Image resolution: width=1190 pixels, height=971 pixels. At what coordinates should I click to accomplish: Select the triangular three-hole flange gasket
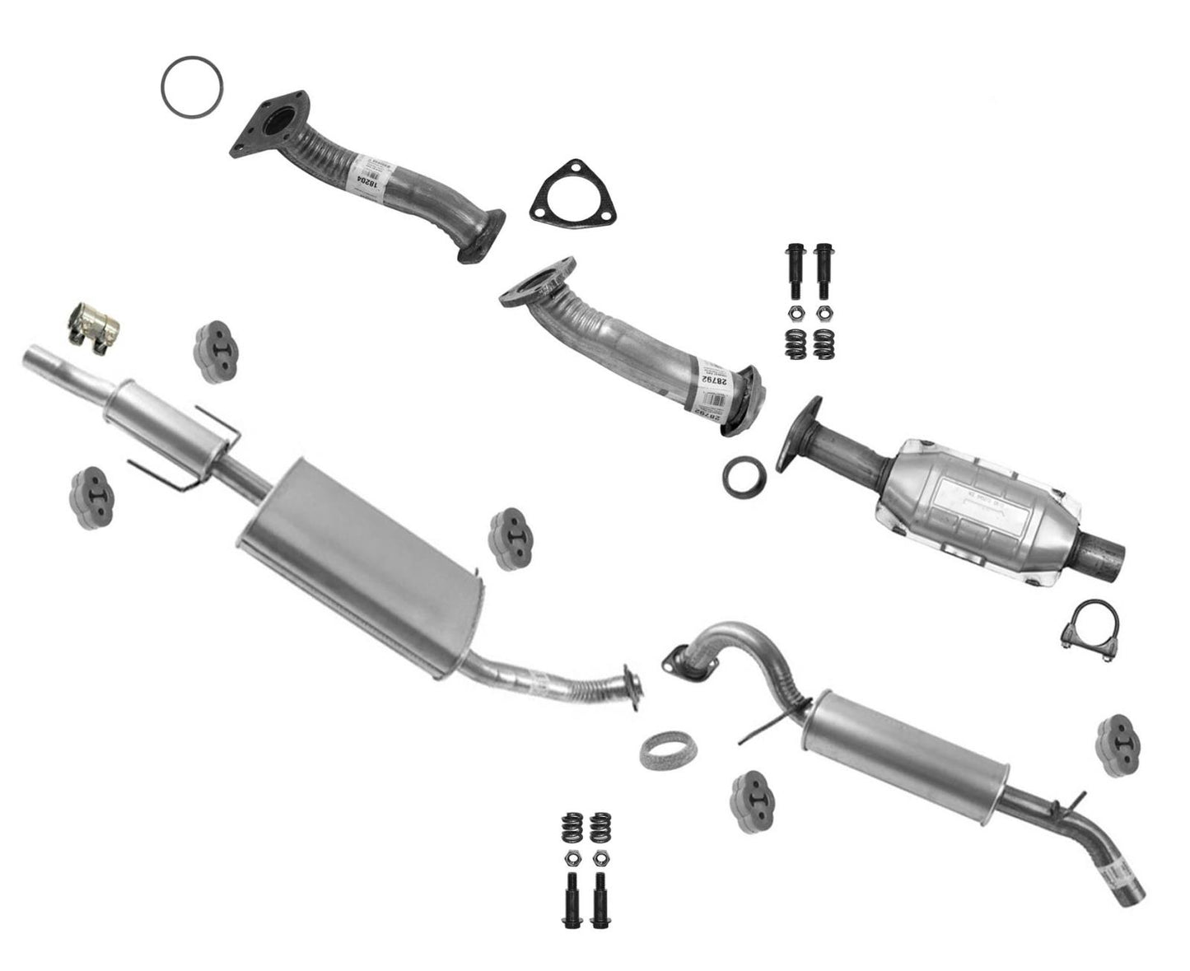573,199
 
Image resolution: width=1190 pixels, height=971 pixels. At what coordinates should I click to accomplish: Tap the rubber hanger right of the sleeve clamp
217,353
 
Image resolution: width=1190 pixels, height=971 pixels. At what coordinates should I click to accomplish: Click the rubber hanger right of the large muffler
510,539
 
